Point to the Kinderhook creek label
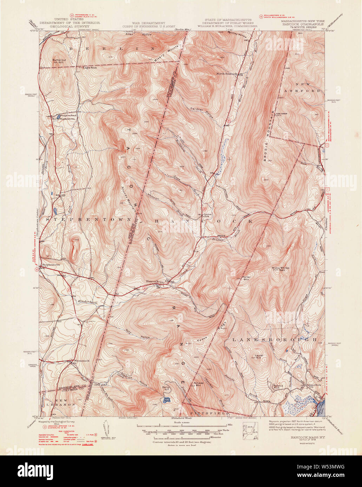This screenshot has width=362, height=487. tap(87, 301)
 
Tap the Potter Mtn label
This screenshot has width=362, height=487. tap(246, 278)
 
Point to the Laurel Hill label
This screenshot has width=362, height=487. tap(259, 356)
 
